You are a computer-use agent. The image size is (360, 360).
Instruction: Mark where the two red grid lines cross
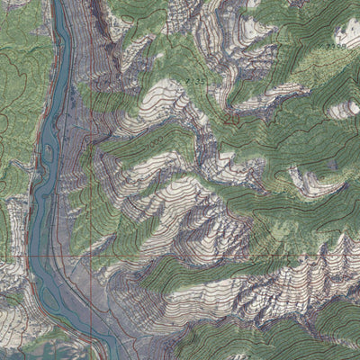point(91,256)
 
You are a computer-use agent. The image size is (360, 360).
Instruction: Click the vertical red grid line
point(91,180)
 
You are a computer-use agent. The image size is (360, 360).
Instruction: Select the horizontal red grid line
point(225,256)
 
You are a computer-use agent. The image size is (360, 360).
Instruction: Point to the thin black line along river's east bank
point(79,135)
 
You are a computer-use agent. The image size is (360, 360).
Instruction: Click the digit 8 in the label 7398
point(345,42)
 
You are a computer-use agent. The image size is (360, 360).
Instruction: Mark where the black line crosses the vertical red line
point(91,297)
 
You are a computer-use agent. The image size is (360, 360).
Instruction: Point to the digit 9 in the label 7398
point(339,42)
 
